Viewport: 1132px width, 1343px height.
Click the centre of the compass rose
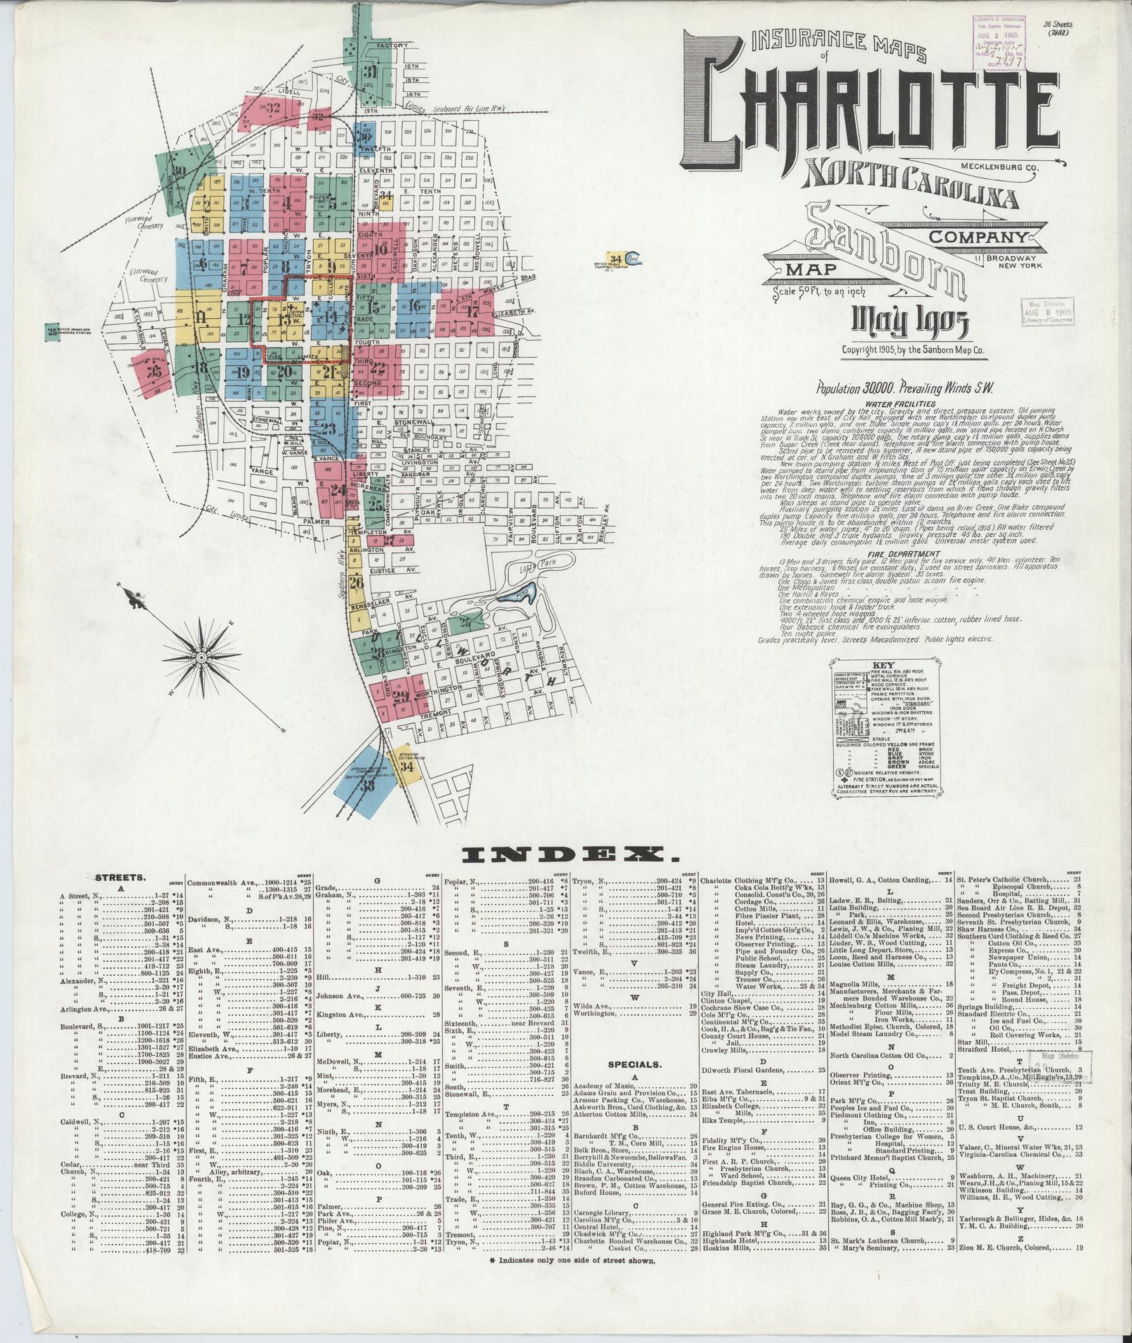click(201, 656)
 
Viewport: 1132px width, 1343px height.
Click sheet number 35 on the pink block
click(155, 370)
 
